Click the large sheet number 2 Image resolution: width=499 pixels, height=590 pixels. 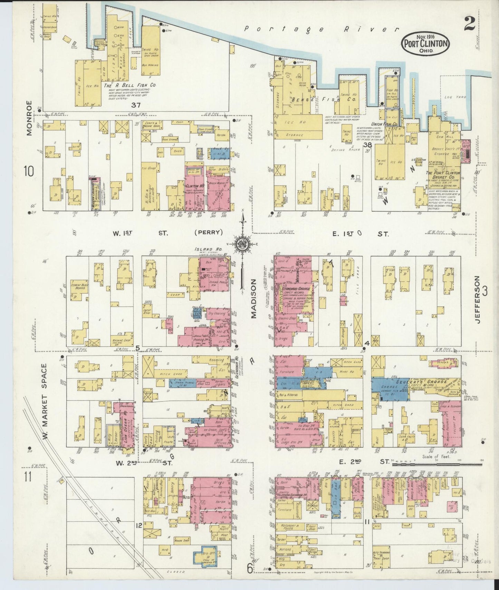pos(469,23)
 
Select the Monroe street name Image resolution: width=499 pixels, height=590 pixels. pos(29,118)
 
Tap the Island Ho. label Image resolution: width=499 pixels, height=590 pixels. pos(205,249)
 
